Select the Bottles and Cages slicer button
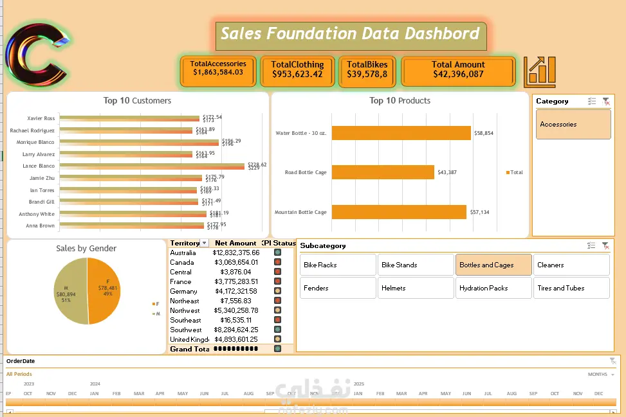point(493,265)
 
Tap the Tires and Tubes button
point(571,288)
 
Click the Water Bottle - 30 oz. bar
point(401,133)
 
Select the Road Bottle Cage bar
point(383,172)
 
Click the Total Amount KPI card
point(458,70)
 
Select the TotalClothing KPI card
point(297,70)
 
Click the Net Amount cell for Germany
point(236,291)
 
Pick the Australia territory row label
point(183,253)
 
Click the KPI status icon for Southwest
point(277,330)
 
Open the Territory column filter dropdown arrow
point(205,243)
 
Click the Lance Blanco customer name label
point(39,166)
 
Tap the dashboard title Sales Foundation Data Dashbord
point(350,34)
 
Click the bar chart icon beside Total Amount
point(539,72)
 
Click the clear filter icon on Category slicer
point(605,102)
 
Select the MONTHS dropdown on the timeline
point(601,374)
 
